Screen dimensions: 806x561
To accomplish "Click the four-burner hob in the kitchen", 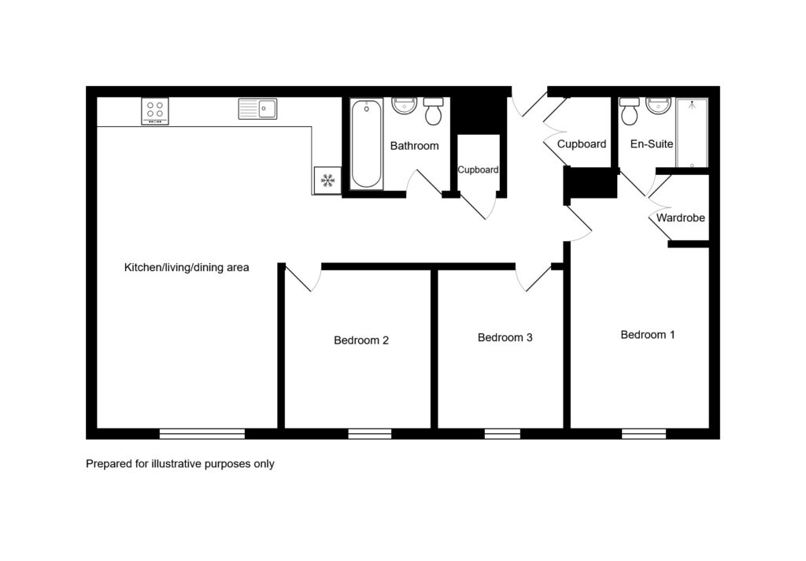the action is (x=155, y=110).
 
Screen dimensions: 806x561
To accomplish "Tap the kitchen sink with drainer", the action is (x=257, y=109).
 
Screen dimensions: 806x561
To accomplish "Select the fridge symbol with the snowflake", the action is (x=327, y=180).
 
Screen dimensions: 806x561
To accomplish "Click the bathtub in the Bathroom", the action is (x=367, y=143).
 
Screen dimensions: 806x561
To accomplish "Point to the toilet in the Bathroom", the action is (x=434, y=110).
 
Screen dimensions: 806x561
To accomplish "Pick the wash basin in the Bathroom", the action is (x=404, y=106).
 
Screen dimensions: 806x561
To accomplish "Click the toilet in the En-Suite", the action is (x=629, y=110).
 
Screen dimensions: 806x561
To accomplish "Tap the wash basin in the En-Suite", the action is (x=659, y=106).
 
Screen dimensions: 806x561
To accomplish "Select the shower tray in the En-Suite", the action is (x=692, y=133).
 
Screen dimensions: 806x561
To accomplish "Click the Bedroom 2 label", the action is (x=361, y=340).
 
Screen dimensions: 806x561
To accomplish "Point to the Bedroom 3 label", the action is (x=505, y=338).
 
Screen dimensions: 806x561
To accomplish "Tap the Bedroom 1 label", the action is (x=648, y=335).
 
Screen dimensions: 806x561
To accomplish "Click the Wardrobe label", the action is (x=681, y=218).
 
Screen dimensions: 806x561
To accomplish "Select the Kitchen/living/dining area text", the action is (x=187, y=268).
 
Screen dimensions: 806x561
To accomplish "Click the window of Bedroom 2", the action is (x=370, y=434).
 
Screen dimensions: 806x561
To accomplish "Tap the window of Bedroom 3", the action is (x=502, y=434).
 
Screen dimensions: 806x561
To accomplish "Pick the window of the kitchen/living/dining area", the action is (x=202, y=434).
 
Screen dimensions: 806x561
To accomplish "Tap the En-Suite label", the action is (x=651, y=144).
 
